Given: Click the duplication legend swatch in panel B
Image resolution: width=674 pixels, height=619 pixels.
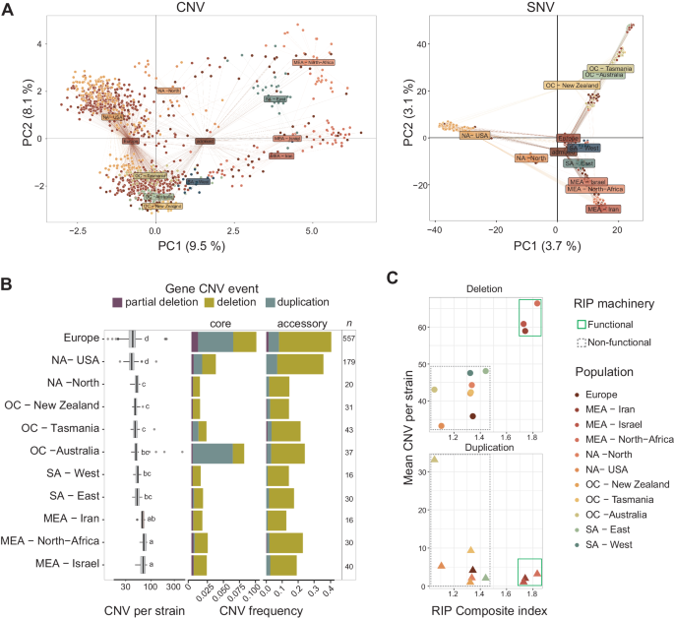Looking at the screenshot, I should pyautogui.click(x=285, y=302).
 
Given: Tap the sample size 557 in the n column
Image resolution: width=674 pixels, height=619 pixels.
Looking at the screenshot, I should pyautogui.click(x=348, y=339).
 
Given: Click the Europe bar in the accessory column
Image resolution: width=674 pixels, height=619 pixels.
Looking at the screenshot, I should pyautogui.click(x=299, y=340).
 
